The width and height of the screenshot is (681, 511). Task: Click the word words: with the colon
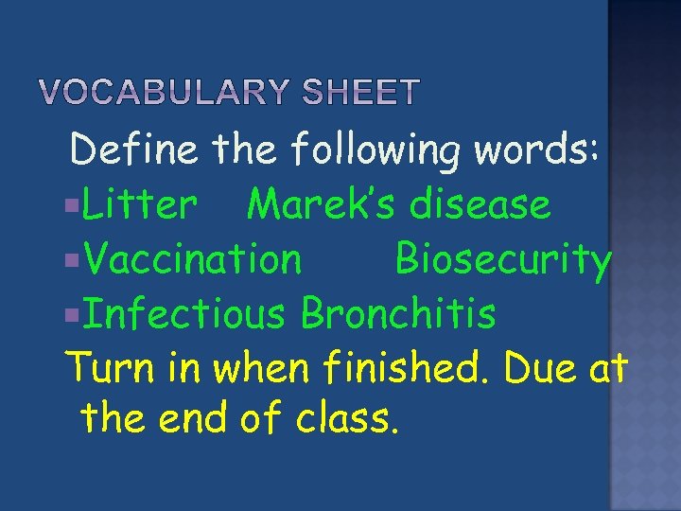pos(542,149)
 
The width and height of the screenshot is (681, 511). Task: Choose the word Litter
pos(140,203)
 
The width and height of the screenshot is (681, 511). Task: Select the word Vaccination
pos(193,258)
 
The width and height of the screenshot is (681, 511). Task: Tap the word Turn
pos(102,369)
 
